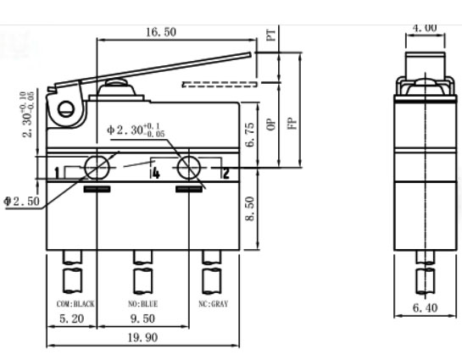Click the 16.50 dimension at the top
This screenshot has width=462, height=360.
tap(159, 31)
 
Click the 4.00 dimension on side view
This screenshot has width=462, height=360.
tap(425, 27)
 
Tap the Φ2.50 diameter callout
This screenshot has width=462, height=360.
tap(20, 201)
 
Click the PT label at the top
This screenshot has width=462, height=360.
tap(270, 36)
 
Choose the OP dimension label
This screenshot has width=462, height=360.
tap(270, 124)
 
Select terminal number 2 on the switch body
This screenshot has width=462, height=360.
tap(225, 174)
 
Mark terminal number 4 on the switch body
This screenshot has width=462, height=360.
tap(155, 174)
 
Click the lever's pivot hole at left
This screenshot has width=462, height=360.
tap(63, 108)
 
